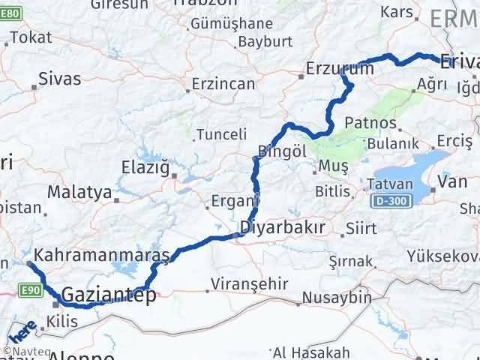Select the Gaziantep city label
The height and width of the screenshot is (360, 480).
tap(109, 295)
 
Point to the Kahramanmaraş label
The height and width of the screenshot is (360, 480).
tap(102, 255)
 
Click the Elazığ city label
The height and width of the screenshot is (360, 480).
tap(146, 166)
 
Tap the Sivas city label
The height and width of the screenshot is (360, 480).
tap(59, 77)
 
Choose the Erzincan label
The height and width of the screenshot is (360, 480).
tap(223, 84)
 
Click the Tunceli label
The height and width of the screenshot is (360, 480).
tap(221, 135)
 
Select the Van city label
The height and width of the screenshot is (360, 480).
tap(451, 180)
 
